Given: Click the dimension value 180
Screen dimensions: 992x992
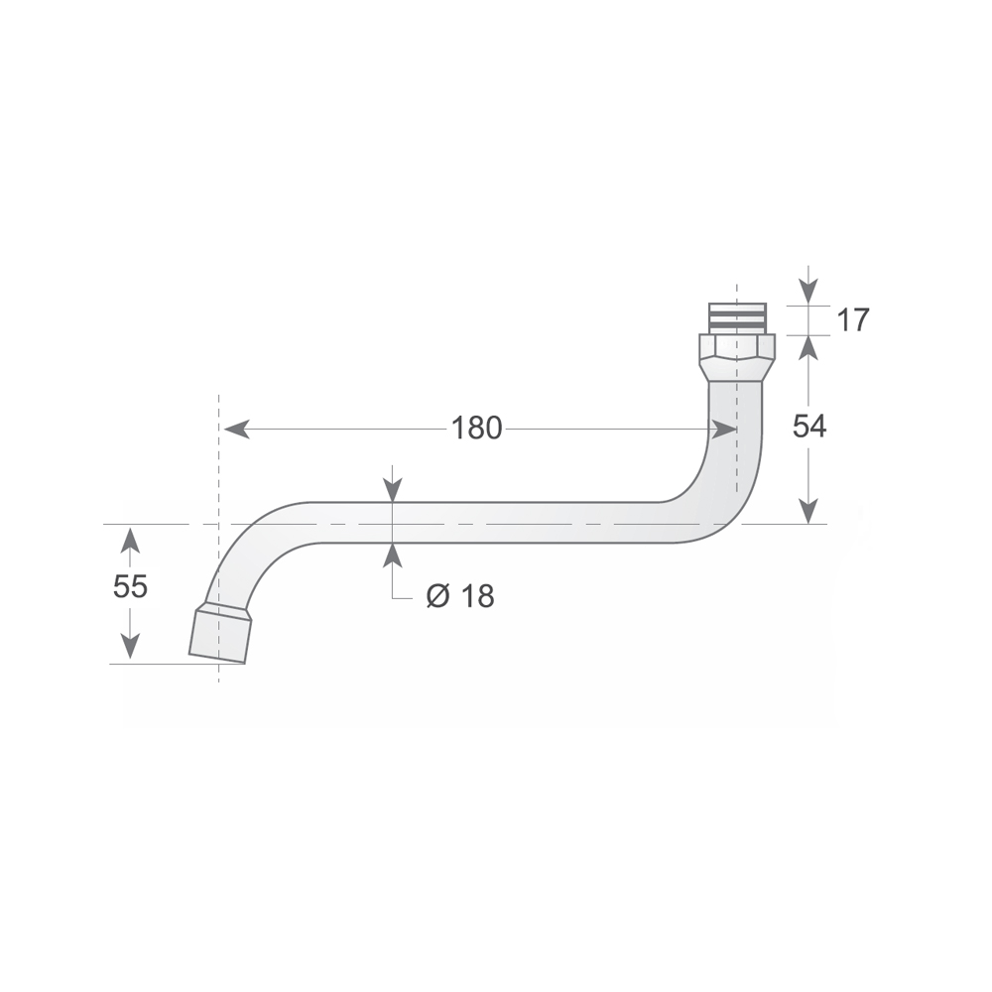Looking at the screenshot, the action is click(476, 429).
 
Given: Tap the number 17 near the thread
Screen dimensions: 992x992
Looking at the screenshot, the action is click(853, 320).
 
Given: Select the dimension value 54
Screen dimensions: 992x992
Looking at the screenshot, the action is click(809, 427).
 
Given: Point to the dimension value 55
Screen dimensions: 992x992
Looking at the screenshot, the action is click(130, 586).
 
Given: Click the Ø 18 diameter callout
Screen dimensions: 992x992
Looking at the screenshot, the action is click(460, 596).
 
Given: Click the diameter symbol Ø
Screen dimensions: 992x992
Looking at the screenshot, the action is click(437, 596).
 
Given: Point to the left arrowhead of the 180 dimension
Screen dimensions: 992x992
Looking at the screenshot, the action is click(235, 429).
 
